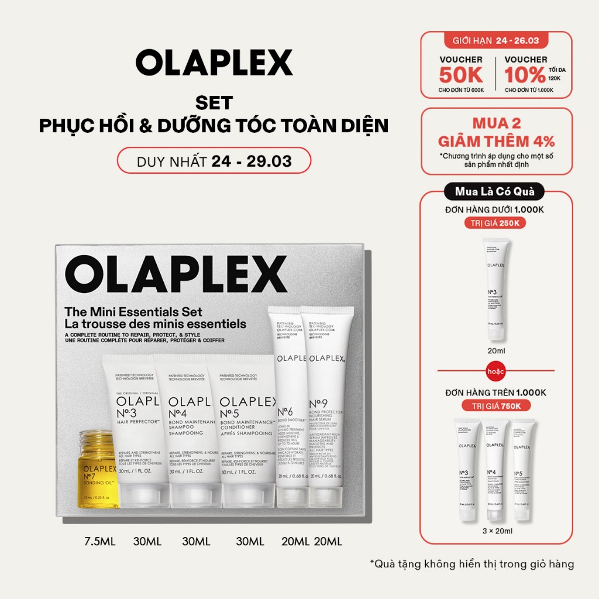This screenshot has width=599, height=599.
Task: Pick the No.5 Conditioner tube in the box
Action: [x=240, y=433]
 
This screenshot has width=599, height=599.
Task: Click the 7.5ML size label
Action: [x=99, y=542]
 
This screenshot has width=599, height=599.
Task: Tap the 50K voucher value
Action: [x=462, y=75]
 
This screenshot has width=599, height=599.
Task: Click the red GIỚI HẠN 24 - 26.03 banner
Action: [x=496, y=41]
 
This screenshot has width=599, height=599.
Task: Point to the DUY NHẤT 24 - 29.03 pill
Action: [x=214, y=161]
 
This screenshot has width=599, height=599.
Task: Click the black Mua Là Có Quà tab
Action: [x=495, y=191]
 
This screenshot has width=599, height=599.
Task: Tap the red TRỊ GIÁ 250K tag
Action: [x=495, y=223]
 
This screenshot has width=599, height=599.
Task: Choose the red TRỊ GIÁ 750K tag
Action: [x=495, y=406]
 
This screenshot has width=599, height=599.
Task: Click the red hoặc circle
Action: [x=495, y=371]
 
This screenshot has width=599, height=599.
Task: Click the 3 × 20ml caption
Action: [x=495, y=531]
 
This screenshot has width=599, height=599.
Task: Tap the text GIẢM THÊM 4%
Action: [x=496, y=141]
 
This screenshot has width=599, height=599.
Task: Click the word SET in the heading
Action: [x=214, y=103]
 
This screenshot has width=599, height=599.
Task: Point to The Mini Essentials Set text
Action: [x=134, y=312]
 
